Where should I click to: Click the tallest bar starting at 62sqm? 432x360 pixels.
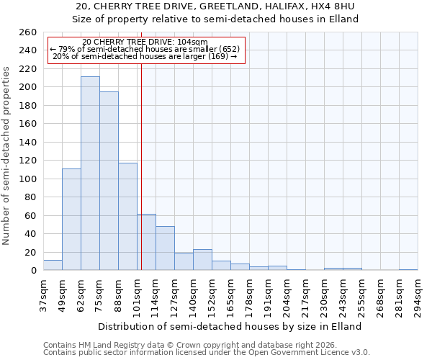[90, 174]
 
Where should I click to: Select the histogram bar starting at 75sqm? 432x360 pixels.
[109, 181]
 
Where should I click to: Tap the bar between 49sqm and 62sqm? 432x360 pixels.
[71, 220]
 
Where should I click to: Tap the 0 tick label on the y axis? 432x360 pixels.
[33, 271]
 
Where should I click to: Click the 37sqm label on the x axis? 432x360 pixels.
[43, 296]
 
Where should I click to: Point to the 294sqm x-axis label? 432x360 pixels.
[418, 296]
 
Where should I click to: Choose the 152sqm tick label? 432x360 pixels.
[212, 296]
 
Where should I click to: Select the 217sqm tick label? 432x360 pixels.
[305, 296]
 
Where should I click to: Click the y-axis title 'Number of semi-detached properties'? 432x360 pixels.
[7, 155]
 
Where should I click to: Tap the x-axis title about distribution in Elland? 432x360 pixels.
[230, 326]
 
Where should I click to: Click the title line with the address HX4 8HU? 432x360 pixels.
[216, 6]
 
